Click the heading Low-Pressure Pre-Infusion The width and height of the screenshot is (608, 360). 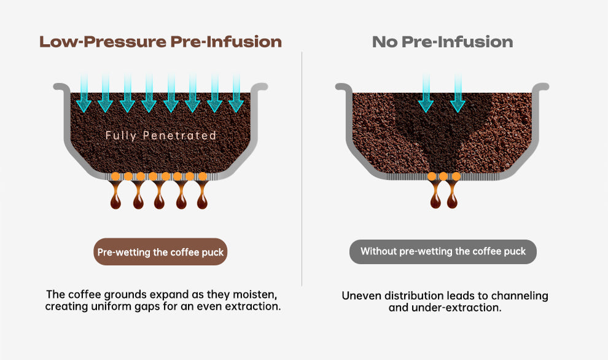click(x=160, y=42)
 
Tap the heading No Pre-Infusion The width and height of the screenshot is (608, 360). click(x=442, y=42)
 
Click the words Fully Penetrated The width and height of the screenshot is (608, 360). click(x=160, y=135)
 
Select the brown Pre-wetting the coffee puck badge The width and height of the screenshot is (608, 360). click(x=160, y=252)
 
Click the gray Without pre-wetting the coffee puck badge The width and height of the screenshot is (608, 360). click(x=443, y=252)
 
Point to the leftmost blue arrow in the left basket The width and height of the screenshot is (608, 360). click(x=84, y=93)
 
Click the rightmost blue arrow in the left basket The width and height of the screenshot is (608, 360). click(x=236, y=93)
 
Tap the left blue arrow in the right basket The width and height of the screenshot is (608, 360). click(x=426, y=93)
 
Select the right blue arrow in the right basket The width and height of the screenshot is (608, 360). click(x=458, y=93)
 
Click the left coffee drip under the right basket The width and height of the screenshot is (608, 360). click(x=435, y=196)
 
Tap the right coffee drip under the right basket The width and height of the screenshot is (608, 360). click(x=452, y=196)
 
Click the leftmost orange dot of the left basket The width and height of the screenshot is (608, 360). click(x=115, y=176)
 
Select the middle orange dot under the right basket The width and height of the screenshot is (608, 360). click(x=443, y=176)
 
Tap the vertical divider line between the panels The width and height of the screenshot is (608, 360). click(x=302, y=169)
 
